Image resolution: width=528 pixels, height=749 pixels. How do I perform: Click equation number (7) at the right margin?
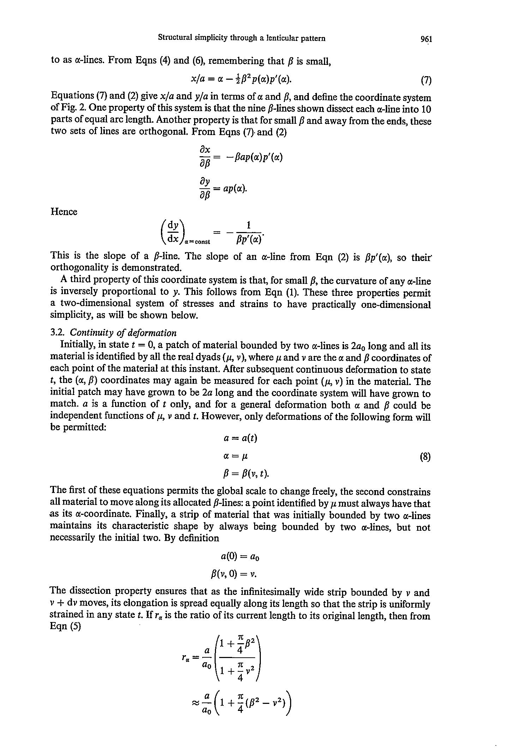[426, 81]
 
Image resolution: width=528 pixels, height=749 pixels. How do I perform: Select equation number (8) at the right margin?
[425, 457]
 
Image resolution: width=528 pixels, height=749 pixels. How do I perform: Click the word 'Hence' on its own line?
[64, 212]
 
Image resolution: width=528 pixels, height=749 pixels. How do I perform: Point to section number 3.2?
[56, 333]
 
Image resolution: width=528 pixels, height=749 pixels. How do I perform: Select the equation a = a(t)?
[240, 438]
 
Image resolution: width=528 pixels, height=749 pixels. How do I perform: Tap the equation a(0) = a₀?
[240, 557]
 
